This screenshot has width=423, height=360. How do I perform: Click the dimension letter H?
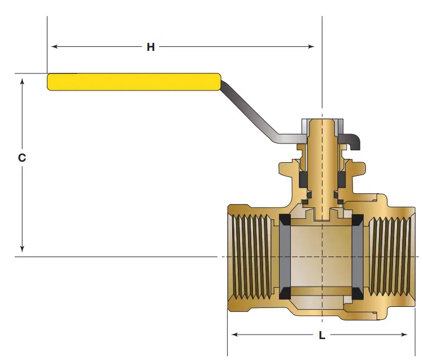click(151, 47)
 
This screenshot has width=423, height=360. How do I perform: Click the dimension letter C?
click(22, 158)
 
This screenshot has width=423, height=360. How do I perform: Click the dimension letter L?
click(322, 335)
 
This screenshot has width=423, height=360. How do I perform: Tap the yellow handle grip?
click(133, 82)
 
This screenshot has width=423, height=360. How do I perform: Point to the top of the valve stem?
click(322, 121)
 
